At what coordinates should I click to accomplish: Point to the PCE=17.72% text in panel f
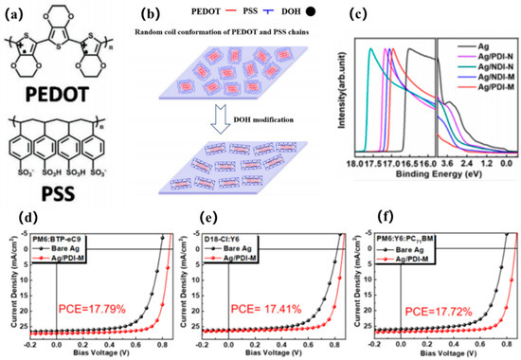[x=440, y=308]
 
